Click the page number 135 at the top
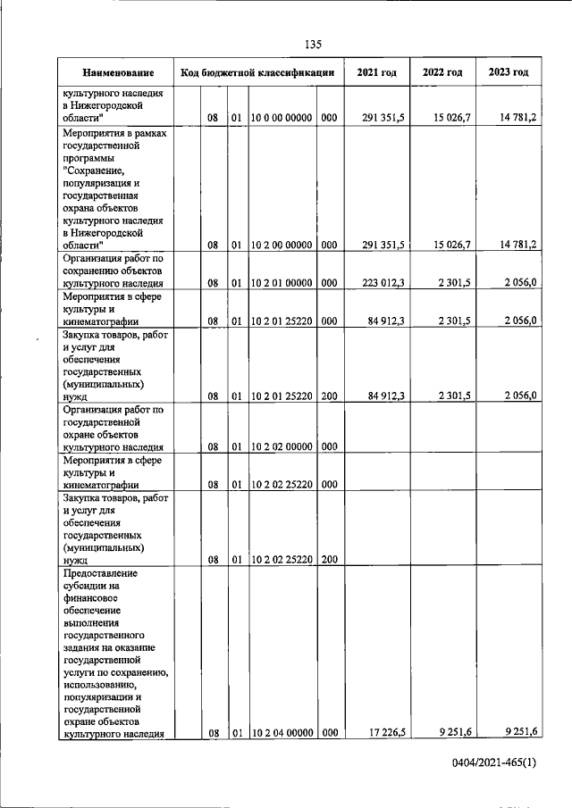click(313, 45)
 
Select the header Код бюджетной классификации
click(257, 71)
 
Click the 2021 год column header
click(376, 71)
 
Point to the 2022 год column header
click(442, 71)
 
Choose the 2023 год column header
click(509, 71)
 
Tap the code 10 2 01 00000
click(282, 282)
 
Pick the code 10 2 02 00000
click(282, 446)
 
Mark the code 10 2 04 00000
click(282, 734)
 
